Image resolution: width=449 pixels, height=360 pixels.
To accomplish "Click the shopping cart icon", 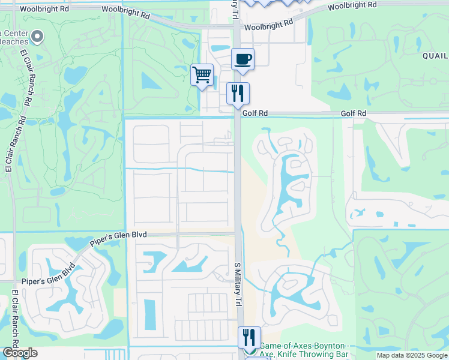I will click(202, 76).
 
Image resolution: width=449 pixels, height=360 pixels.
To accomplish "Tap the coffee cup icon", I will click(243, 59).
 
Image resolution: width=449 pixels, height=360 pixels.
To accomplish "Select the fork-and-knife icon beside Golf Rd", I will click(238, 94).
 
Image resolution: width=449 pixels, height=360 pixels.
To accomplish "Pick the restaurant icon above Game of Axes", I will click(249, 337).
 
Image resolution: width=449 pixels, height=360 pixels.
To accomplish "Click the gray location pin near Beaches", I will click(37, 37).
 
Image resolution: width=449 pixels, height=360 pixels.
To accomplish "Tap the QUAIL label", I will click(435, 55).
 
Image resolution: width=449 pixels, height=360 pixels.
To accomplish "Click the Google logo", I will click(19, 353).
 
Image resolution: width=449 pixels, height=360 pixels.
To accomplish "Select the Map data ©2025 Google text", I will click(412, 355).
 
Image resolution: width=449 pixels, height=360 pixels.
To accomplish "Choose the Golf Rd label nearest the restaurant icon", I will click(255, 113).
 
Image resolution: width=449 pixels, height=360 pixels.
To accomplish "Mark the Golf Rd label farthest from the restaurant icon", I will click(353, 113).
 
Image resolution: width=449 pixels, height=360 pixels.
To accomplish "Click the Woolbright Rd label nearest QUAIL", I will click(353, 4).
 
